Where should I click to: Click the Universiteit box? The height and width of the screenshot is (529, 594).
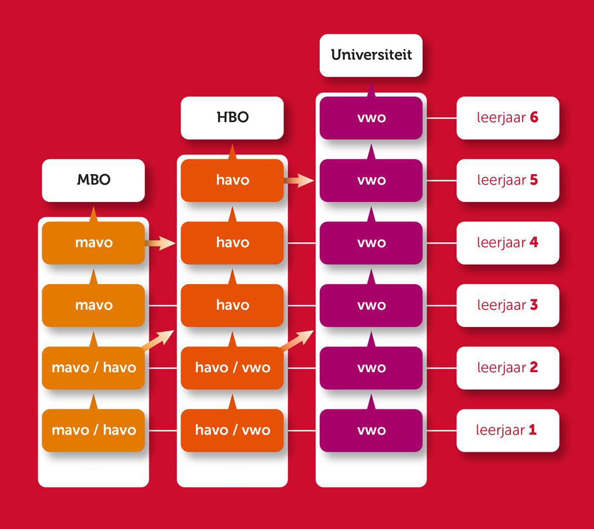371,55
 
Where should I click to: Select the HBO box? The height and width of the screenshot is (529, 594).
232,117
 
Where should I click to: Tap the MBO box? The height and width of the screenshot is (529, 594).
94,180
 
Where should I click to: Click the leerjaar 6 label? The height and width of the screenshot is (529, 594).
507,118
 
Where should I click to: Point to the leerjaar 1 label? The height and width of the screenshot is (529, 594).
507,430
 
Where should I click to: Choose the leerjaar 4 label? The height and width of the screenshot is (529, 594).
507,242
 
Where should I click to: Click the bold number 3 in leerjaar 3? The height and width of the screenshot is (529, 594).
534,305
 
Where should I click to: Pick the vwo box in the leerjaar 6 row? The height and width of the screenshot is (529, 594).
371,118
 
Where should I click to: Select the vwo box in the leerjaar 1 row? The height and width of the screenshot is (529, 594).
371,430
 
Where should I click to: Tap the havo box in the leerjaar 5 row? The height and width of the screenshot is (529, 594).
232,180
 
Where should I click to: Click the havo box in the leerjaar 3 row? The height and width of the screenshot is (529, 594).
232,305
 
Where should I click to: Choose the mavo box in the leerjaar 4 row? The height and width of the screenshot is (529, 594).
94,242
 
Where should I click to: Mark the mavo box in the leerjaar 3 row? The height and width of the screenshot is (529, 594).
94,305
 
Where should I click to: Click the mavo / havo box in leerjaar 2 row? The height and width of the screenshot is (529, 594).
94,368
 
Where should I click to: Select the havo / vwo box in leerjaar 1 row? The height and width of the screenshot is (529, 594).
232,430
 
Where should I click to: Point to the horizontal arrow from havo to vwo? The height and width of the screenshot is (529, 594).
299,181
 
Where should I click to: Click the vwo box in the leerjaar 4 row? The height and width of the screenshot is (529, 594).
371,242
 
